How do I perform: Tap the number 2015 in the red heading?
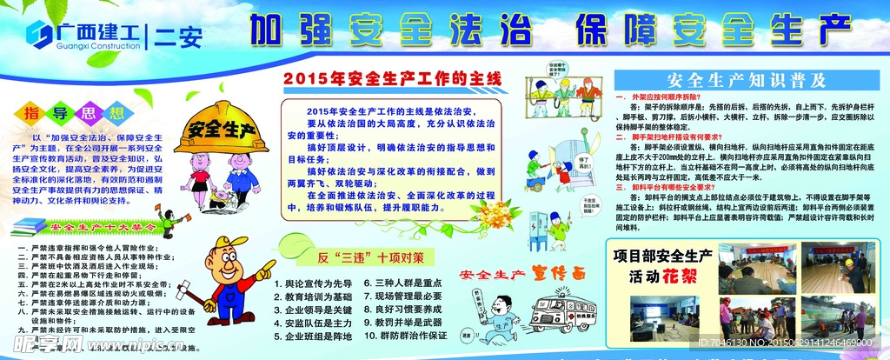pyautogui.click(x=302, y=78)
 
